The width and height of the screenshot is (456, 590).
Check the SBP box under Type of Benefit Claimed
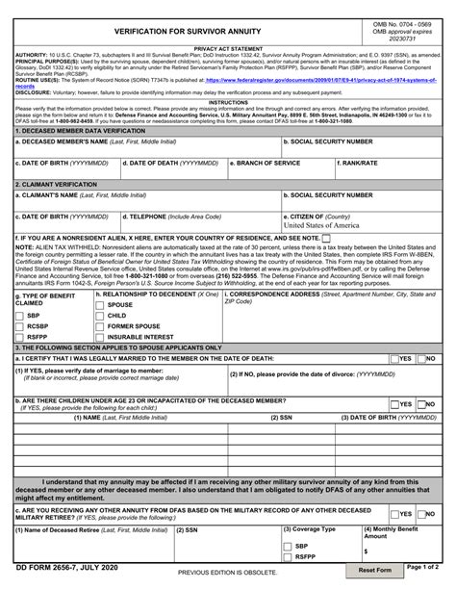tap(20, 316)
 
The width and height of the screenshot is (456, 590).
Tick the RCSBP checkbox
tap(20, 326)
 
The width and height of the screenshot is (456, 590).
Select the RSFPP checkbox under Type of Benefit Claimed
tap(20, 337)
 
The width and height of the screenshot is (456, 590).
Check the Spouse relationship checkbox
tap(100, 305)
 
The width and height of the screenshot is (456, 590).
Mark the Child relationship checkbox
tap(100, 316)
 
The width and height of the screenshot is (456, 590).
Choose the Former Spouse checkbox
tap(100, 326)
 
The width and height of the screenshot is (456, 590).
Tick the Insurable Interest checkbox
tap(100, 337)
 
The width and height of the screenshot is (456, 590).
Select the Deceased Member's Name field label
tap(66, 141)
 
